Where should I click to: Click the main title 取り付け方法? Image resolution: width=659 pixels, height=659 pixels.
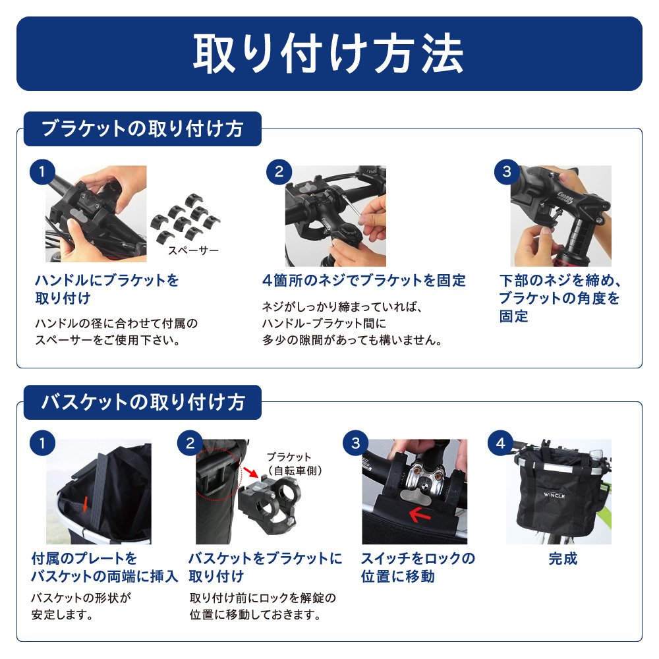[x=328, y=53]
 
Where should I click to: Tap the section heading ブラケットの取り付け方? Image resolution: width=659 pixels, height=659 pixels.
[x=142, y=129]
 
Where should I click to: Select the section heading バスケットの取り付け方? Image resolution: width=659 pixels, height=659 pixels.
[x=143, y=402]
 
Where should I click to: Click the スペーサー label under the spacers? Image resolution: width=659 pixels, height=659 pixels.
[x=193, y=250]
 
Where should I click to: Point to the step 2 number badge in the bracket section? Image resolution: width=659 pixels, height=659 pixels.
[x=279, y=172]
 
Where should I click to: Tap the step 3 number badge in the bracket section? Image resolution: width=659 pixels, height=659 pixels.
[x=507, y=172]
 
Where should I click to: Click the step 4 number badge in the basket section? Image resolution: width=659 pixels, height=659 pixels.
[x=501, y=443]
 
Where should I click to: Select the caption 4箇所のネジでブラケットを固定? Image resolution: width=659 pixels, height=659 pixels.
[x=364, y=280]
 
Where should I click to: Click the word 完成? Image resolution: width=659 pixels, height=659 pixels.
[x=563, y=559]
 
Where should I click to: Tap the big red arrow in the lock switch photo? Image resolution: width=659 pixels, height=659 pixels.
[x=420, y=514]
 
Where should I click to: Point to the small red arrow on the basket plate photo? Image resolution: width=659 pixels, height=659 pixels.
[x=85, y=504]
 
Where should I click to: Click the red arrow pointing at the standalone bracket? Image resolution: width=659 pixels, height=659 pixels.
[x=251, y=472]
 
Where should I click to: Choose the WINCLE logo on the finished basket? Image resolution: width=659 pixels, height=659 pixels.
[x=554, y=495]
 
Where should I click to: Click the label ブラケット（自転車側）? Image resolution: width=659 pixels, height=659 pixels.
[x=295, y=463]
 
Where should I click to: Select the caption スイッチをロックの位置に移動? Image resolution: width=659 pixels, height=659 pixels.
[x=418, y=567]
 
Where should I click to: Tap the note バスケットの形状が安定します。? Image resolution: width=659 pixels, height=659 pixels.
[x=81, y=606]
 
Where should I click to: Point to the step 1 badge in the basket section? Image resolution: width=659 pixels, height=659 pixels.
[x=42, y=443]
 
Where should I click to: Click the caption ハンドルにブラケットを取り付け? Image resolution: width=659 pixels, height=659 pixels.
[x=107, y=289]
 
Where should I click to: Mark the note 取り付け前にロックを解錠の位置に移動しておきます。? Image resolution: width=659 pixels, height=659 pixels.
[x=263, y=606]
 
